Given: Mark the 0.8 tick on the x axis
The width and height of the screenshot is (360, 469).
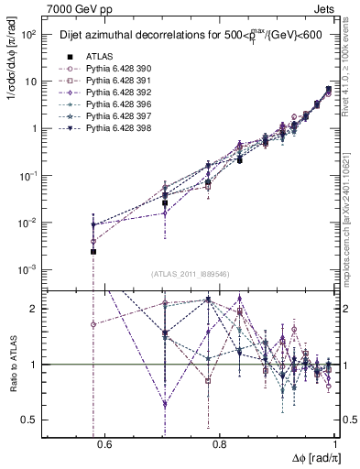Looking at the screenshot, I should pyautogui.click(x=220, y=445).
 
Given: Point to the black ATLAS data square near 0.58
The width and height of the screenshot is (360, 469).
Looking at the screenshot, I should pyautogui.click(x=93, y=251).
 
